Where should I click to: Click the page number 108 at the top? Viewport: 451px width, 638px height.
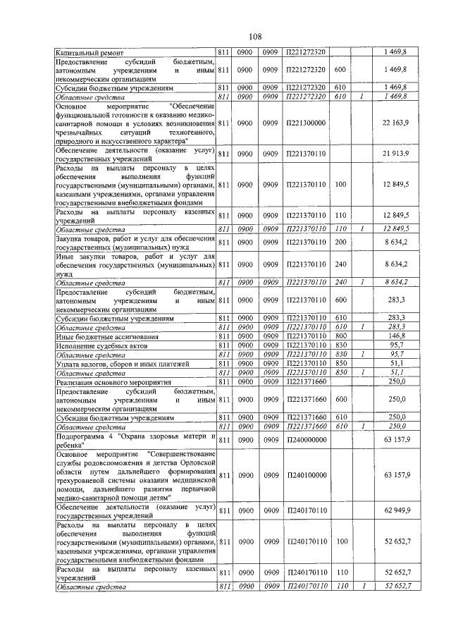tap(255, 36)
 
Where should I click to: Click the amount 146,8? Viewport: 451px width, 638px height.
tap(400, 337)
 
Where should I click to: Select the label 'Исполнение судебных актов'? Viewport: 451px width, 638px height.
tap(101, 346)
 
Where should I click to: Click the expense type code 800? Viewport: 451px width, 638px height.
tap(340, 337)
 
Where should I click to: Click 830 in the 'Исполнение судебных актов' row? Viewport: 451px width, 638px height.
tap(340, 346)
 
